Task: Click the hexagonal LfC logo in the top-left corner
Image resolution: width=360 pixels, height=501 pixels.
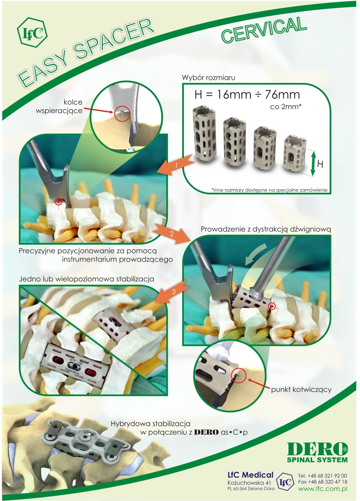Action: [x=32, y=33]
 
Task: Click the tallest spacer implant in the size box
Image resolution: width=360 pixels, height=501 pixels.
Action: [x=204, y=133]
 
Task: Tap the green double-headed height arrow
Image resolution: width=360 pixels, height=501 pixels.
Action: [x=313, y=164]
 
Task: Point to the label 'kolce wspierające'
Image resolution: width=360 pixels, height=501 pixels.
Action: [x=59, y=106]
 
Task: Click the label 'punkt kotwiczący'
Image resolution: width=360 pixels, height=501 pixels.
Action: [x=301, y=390]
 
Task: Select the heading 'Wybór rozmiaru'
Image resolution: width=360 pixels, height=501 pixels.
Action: [x=209, y=77]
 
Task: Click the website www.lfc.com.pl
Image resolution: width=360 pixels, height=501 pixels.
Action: [x=323, y=489]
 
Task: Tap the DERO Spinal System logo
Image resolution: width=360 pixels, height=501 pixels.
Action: [x=317, y=452]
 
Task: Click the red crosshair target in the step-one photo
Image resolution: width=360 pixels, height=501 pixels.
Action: [x=58, y=201]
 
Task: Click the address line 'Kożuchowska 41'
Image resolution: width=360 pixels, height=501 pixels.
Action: [x=249, y=482]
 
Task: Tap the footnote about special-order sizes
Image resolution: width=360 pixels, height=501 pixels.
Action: [x=269, y=190]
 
